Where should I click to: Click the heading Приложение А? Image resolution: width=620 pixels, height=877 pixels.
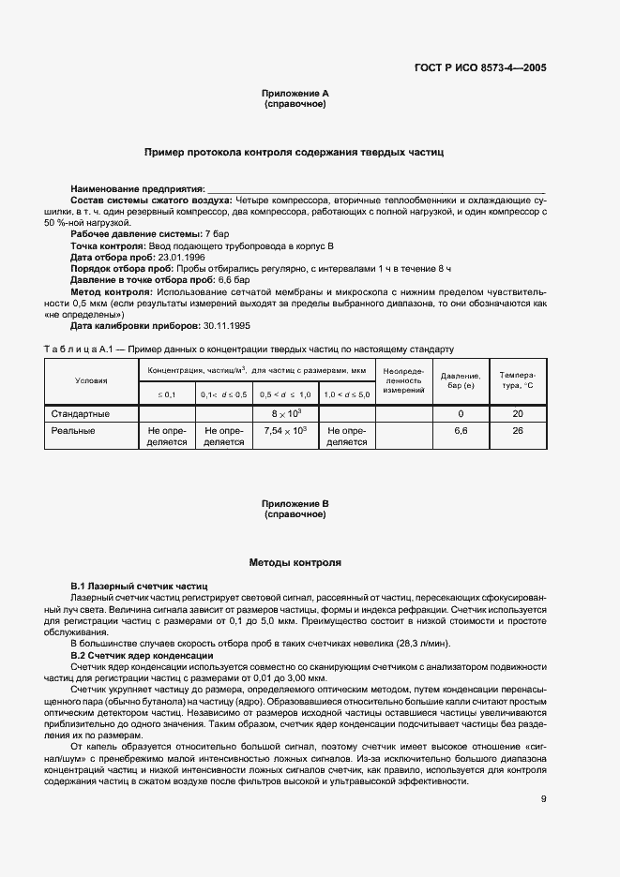tap(295, 94)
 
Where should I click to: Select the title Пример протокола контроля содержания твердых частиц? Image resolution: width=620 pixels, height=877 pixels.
tap(294, 151)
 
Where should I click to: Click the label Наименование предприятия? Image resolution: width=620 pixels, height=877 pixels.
tap(137, 189)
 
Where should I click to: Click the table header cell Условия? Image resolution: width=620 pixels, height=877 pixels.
tap(91, 380)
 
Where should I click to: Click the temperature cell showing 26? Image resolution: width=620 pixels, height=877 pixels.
tap(517, 430)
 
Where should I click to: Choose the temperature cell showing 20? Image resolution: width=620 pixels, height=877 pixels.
tap(517, 413)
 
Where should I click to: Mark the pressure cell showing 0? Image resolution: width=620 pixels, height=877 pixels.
tap(461, 413)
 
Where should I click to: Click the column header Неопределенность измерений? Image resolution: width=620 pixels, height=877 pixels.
tap(404, 380)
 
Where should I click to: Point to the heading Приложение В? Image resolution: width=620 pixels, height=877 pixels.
tap(295, 503)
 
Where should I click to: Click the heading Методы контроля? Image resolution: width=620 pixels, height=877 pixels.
tap(295, 563)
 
